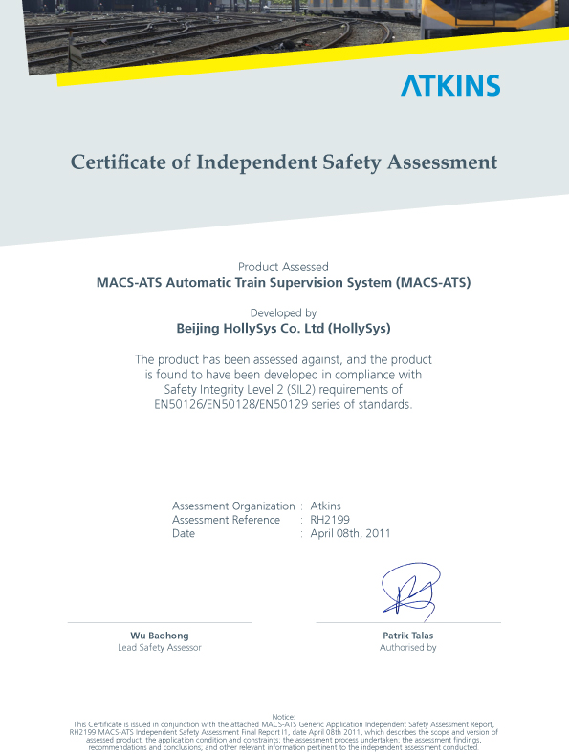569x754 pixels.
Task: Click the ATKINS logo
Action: tap(449, 85)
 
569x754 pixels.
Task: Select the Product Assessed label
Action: tap(283, 267)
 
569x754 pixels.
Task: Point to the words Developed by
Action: tap(283, 312)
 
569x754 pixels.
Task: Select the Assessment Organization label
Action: tap(233, 506)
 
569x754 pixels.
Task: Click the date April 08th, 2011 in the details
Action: tap(350, 533)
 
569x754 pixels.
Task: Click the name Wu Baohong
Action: tap(160, 636)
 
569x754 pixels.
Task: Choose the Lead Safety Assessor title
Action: tap(160, 648)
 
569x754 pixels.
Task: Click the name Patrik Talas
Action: tap(407, 636)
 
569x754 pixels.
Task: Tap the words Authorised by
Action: tap(407, 648)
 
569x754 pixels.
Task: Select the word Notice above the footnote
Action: tap(283, 716)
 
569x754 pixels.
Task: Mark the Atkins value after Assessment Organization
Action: tap(326, 506)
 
